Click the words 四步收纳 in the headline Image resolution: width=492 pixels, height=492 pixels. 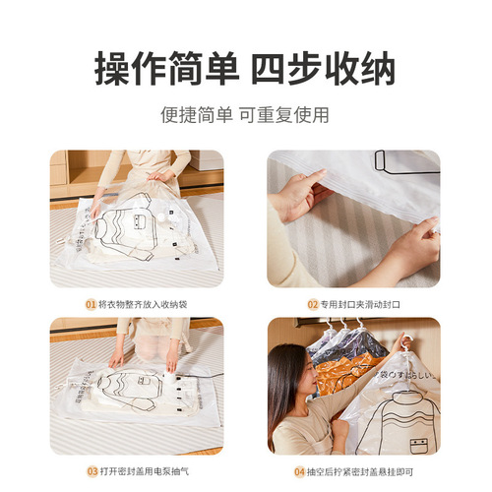pyautogui.click(x=324, y=70)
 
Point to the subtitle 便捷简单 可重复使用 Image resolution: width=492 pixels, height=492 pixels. pyautogui.click(x=245, y=115)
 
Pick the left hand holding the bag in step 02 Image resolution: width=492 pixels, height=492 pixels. pyautogui.click(x=297, y=194)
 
